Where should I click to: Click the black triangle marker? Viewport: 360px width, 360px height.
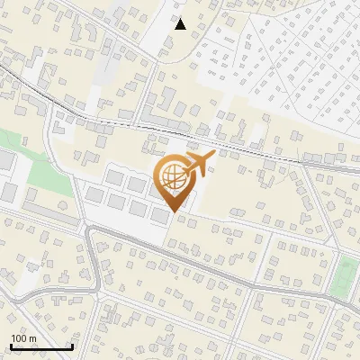(181, 24)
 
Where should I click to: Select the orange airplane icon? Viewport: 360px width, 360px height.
(199, 163)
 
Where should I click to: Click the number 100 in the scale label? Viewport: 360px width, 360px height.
(19, 338)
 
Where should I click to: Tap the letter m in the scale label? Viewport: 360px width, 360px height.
(32, 338)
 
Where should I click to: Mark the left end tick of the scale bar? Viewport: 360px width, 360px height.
(10, 346)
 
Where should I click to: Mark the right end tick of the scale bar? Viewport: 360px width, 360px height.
(72, 346)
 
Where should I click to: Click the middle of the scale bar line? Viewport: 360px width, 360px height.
(40, 347)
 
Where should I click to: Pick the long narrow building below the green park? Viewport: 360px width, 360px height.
(49, 213)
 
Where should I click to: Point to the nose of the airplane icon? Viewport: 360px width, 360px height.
(215, 155)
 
